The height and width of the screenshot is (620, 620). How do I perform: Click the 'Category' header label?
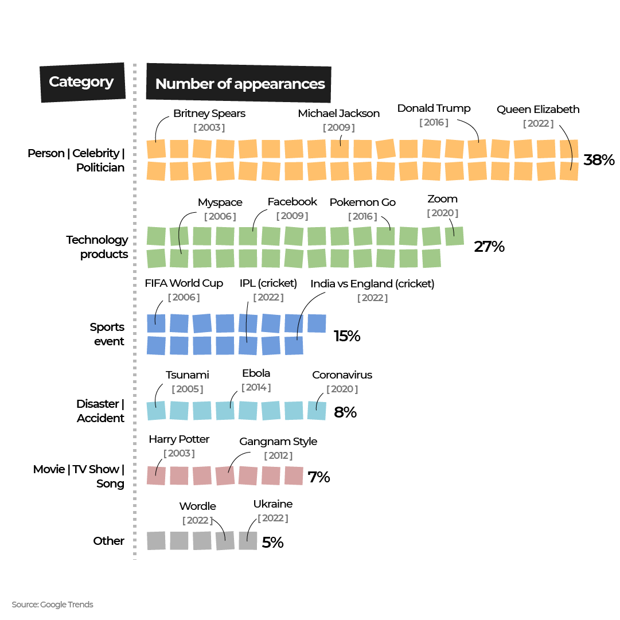[81, 82]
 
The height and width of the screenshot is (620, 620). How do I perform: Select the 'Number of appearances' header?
[240, 84]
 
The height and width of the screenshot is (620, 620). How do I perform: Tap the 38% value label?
[599, 160]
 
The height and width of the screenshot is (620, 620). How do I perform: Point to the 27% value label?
[489, 247]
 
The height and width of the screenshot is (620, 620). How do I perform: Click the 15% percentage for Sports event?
[347, 336]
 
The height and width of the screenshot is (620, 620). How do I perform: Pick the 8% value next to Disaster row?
[345, 412]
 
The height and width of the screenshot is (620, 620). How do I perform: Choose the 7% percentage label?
[319, 477]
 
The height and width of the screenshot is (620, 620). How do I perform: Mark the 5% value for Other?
[272, 542]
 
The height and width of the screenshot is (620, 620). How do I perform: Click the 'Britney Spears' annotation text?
[209, 114]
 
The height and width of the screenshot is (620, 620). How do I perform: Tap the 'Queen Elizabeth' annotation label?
[538, 110]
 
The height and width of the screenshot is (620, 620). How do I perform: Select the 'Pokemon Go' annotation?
[362, 202]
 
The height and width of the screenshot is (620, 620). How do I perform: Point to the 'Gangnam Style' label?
[278, 442]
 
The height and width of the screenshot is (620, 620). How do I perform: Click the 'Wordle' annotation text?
[197, 506]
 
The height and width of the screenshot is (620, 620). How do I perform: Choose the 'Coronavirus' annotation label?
[342, 375]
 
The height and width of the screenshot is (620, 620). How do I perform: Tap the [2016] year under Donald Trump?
[434, 122]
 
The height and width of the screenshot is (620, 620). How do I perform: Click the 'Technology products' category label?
[97, 247]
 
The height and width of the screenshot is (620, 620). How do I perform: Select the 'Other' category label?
[108, 541]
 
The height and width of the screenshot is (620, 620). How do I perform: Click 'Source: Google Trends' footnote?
[52, 605]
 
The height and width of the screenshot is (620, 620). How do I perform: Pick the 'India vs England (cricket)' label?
[372, 284]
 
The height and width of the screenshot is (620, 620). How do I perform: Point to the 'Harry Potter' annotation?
[179, 439]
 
